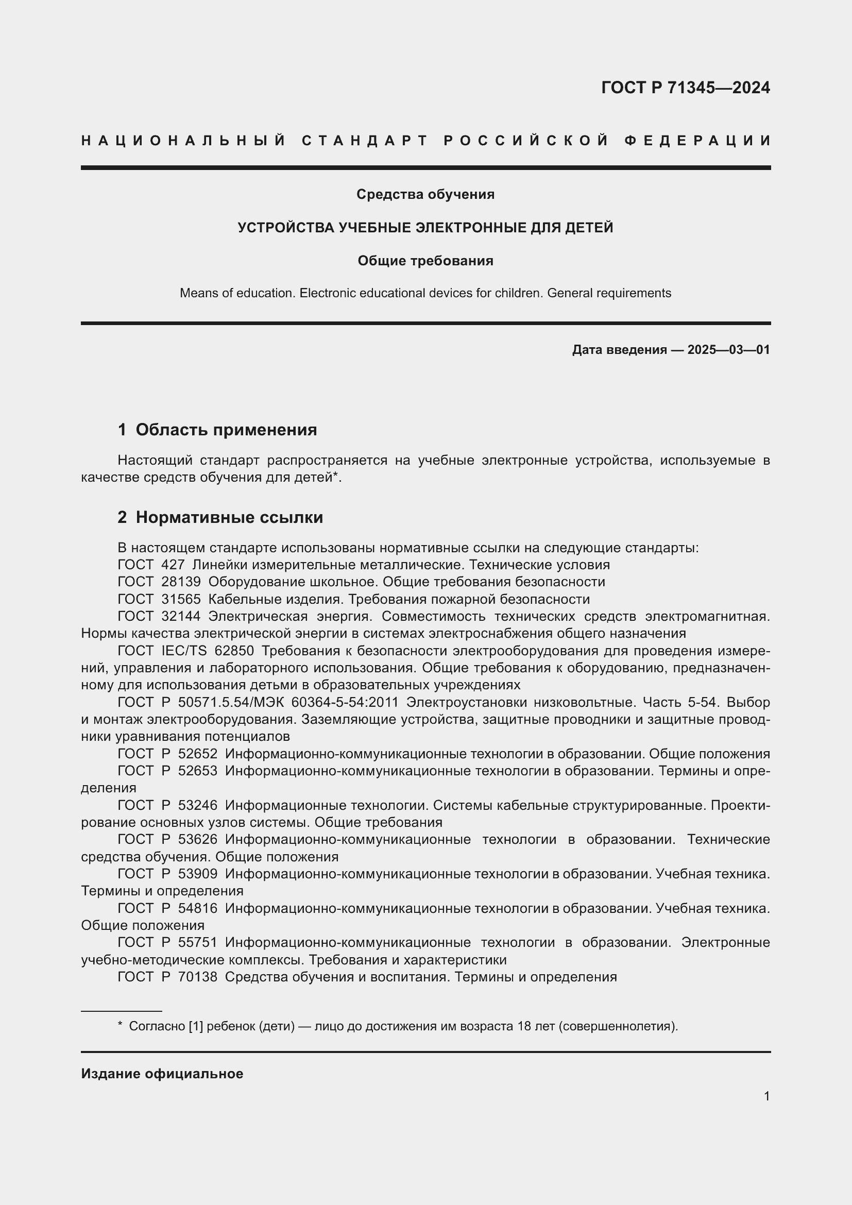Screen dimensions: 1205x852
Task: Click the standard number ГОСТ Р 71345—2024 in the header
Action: click(685, 88)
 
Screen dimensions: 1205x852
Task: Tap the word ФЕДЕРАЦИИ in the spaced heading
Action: click(697, 141)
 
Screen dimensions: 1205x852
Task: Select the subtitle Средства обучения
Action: click(425, 194)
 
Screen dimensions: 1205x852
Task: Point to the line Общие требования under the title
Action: click(425, 261)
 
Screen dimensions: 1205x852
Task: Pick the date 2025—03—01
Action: click(729, 349)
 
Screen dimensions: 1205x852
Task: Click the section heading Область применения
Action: click(226, 430)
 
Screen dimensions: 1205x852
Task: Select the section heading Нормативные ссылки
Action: click(229, 517)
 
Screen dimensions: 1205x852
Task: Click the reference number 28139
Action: click(181, 582)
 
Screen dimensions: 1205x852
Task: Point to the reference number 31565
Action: click(181, 599)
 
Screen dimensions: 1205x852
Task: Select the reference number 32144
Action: click(181, 616)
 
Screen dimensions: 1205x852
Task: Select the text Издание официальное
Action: click(162, 1074)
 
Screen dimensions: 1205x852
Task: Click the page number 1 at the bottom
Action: click(766, 1096)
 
